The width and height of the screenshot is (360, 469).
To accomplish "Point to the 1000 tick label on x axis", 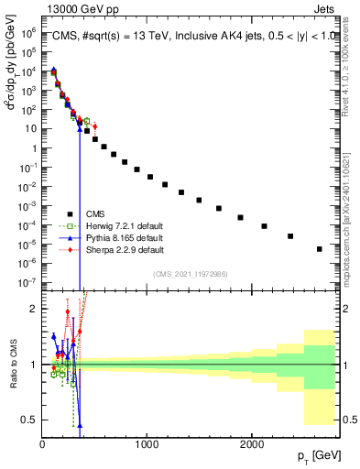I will [147, 444].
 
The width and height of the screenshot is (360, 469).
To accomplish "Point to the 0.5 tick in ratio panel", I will [30, 420].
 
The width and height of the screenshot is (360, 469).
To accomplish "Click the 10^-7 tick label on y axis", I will [28, 282].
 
